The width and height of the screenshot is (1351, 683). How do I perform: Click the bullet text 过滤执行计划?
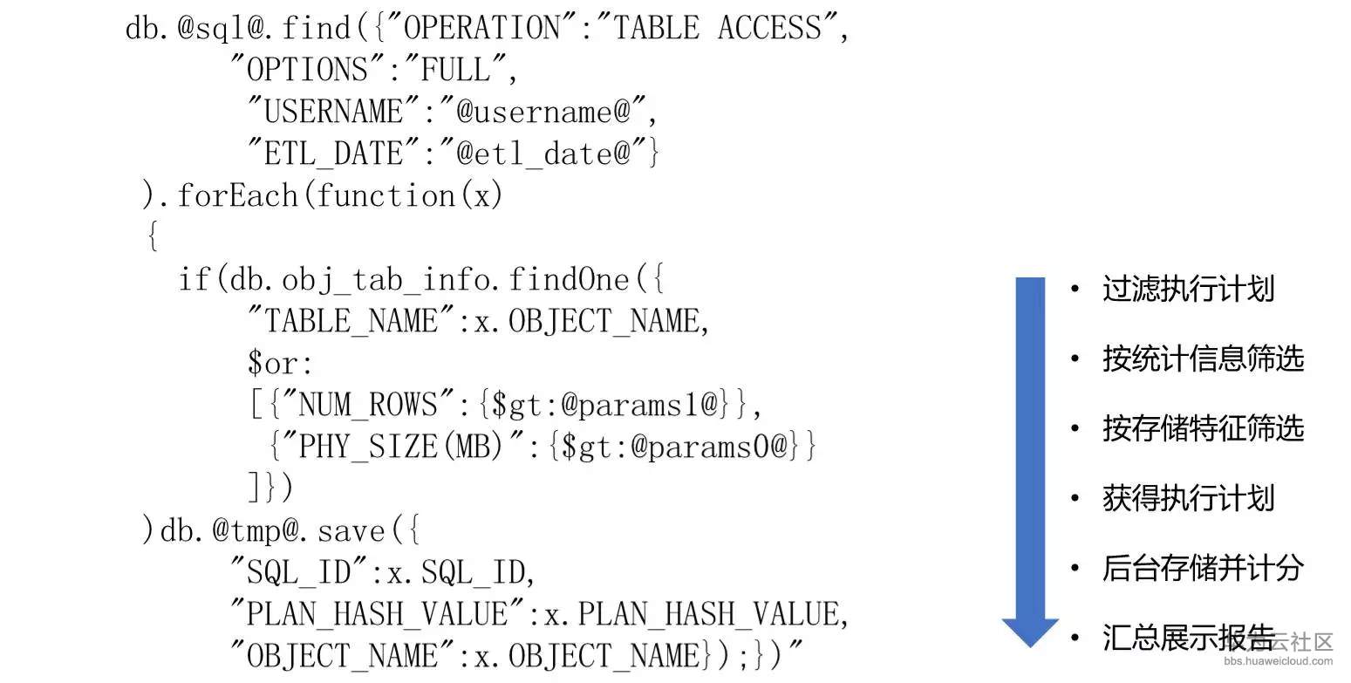click(1188, 289)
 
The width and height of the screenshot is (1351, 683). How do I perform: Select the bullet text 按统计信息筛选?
click(1204, 359)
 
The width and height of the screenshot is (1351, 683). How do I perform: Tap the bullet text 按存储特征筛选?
click(1204, 427)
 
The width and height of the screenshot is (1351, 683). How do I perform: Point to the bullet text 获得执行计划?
click(1188, 498)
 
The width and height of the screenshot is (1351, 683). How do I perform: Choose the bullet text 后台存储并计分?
click(1204, 568)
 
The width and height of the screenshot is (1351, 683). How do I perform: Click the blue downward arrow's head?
click(1030, 633)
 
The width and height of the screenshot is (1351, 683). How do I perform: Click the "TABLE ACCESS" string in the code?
click(717, 28)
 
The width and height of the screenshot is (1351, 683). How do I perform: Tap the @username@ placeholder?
click(542, 111)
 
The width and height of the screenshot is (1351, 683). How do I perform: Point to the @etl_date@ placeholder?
click(542, 153)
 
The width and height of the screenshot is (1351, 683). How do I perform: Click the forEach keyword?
click(237, 195)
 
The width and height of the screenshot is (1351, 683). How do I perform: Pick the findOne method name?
click(569, 279)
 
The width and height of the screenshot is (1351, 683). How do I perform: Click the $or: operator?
click(281, 363)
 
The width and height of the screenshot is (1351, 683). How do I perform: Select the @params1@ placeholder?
click(638, 404)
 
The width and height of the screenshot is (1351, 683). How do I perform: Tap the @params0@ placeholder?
click(709, 447)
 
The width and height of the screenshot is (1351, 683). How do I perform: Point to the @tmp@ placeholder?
click(256, 531)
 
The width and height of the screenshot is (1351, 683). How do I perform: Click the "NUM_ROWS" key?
click(368, 404)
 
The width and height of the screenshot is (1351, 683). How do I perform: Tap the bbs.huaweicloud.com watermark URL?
click(1278, 661)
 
